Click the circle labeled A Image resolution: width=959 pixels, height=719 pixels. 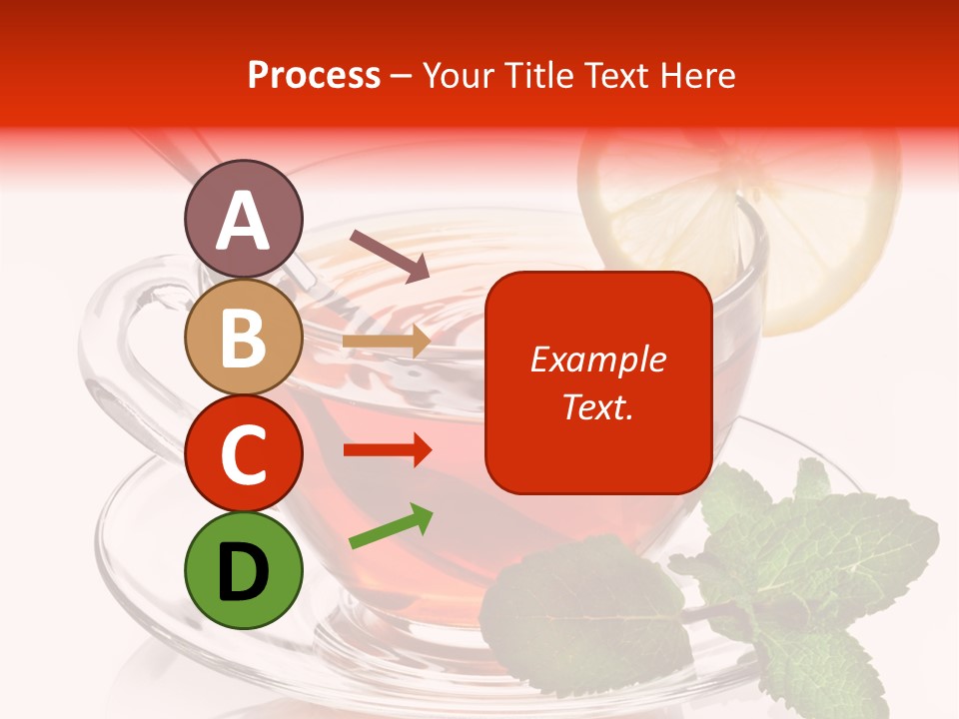click(243, 219)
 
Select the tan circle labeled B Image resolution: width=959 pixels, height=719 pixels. click(243, 337)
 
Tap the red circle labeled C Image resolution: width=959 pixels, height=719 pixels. click(243, 453)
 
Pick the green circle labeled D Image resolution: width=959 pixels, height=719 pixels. click(243, 570)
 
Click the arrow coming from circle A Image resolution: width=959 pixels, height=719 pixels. click(390, 256)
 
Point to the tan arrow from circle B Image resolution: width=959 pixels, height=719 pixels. click(387, 342)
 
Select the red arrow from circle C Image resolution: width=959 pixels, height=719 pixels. click(387, 450)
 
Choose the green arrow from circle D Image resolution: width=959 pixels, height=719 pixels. click(391, 526)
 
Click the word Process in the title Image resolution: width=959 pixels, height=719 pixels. click(314, 76)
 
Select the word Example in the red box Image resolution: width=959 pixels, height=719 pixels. click(597, 359)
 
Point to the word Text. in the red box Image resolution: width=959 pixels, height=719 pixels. click(597, 406)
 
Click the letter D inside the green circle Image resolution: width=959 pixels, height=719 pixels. click(243, 572)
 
